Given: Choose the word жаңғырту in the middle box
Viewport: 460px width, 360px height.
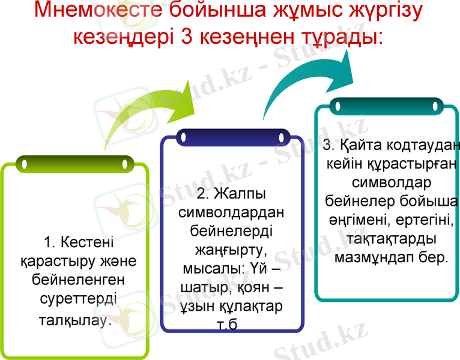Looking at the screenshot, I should tap(232, 247).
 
